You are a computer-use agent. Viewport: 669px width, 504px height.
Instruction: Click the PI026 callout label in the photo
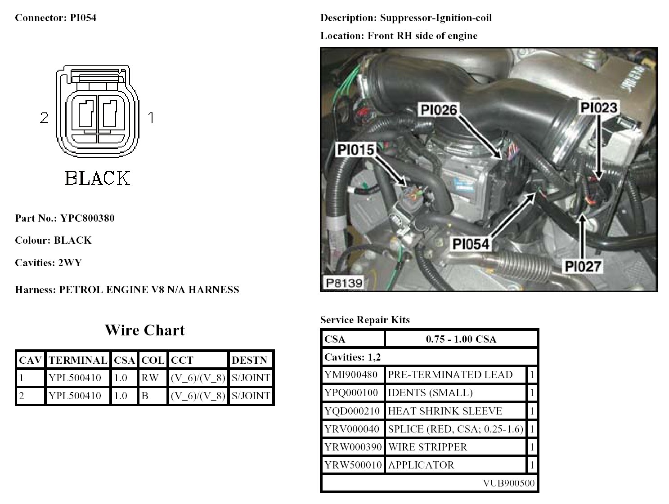pos(439,110)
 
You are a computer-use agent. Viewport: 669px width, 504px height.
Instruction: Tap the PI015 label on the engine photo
pos(356,150)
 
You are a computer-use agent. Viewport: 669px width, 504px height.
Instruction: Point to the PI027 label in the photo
pos(583,267)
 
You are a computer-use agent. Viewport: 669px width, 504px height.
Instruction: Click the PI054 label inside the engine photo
pos(471,244)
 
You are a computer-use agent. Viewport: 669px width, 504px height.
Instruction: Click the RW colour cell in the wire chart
pos(150,378)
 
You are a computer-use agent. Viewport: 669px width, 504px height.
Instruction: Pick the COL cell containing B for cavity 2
pos(145,396)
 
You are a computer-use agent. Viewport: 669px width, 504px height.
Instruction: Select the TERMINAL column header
pos(78,360)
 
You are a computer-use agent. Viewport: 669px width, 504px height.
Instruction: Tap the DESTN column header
pos(249,360)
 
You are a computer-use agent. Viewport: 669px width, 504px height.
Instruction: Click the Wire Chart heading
pos(144,330)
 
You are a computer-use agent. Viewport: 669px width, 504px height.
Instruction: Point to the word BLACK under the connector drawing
pos(98,178)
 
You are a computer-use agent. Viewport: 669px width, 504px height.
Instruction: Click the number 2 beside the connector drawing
pos(44,118)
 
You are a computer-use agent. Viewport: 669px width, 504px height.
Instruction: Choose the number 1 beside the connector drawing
pos(151,118)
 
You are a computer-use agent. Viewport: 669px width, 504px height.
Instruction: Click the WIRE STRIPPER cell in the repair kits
pos(427,447)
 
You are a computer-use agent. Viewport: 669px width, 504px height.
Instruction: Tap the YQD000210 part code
pos(352,411)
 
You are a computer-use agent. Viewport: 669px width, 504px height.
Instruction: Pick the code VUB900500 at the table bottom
pos(509,483)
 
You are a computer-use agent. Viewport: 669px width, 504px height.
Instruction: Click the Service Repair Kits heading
pos(365,320)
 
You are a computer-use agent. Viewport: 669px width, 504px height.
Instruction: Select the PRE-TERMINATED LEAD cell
pos(450,375)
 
